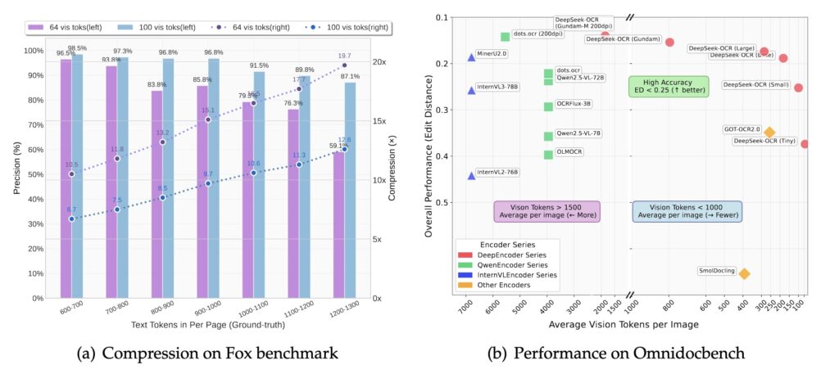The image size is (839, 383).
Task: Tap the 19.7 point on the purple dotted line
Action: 344,65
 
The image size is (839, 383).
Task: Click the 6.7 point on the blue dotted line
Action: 72,219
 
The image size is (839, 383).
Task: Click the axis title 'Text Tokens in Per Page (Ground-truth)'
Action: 203,326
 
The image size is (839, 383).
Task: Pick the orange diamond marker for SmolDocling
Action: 744,273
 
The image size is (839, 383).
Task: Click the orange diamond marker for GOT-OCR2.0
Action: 769,132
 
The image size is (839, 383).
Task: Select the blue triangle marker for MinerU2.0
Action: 471,57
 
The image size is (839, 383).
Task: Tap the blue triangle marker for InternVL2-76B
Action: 471,175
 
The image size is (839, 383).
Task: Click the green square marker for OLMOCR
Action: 548,155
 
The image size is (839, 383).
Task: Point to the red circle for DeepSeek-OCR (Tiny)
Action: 805,144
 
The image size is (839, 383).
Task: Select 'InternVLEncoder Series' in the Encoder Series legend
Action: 514,275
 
